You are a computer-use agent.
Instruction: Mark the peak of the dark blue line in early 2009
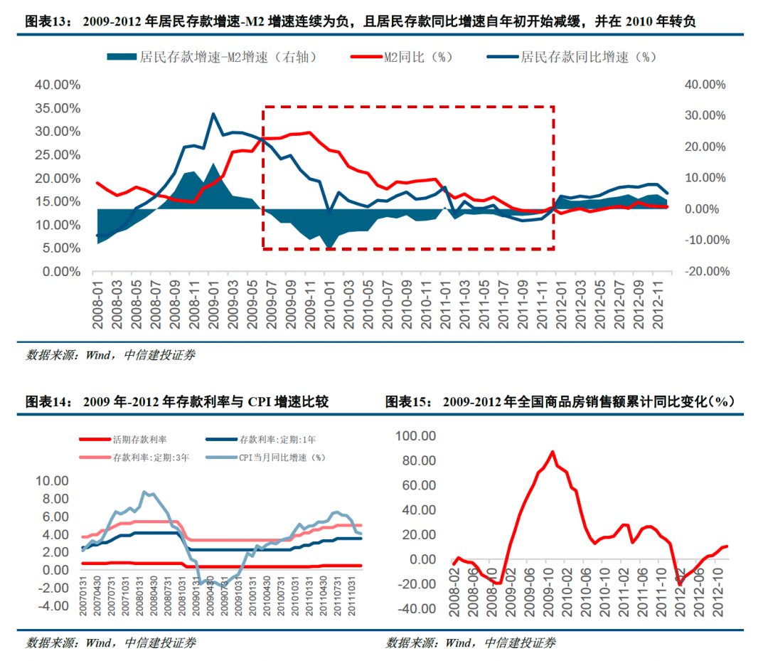click(x=213, y=114)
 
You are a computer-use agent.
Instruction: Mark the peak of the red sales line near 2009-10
click(x=553, y=452)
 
